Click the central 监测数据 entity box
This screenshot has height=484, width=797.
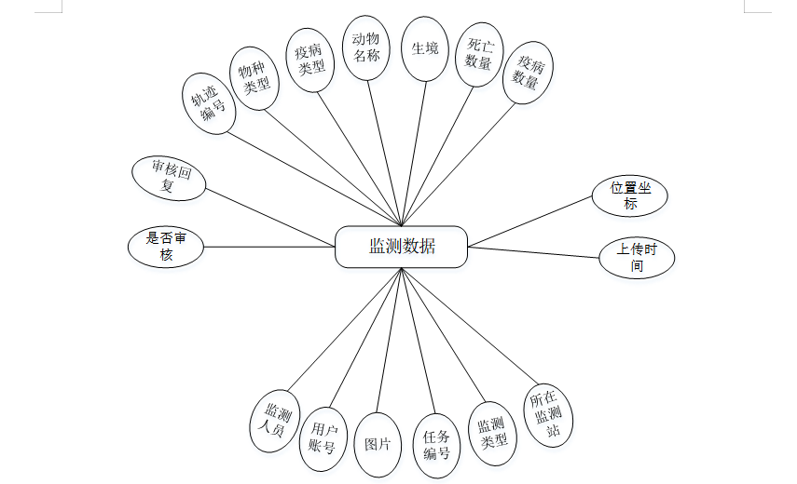click(401, 247)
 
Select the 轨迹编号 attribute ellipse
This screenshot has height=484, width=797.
click(208, 105)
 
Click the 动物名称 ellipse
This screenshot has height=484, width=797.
click(365, 47)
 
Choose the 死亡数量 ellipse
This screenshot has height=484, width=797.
click(479, 54)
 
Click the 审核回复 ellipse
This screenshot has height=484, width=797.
click(169, 177)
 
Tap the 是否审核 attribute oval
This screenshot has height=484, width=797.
click(166, 246)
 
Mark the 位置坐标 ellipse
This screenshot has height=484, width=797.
click(631, 195)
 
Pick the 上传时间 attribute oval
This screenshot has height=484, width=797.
click(637, 258)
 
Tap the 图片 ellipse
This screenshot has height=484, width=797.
click(378, 444)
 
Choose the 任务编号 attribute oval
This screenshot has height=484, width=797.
click(436, 445)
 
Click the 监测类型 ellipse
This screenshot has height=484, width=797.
click(491, 433)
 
